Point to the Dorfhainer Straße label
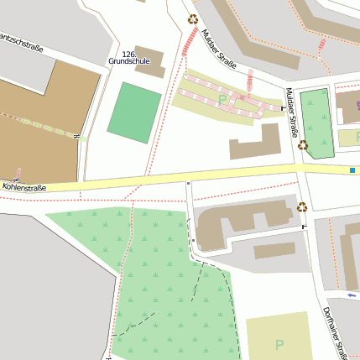point(335,332)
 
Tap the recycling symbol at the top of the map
point(193,18)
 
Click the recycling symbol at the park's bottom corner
point(302,145)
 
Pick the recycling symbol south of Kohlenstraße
point(301,206)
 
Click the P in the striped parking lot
point(222,100)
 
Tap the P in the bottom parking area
point(279,344)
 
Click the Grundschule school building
point(150,60)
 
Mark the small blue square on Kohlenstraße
point(352,170)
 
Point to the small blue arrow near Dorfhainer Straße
point(351,295)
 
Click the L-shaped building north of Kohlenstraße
point(257,143)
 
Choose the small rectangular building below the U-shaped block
point(274,251)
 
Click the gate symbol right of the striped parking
point(282,108)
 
